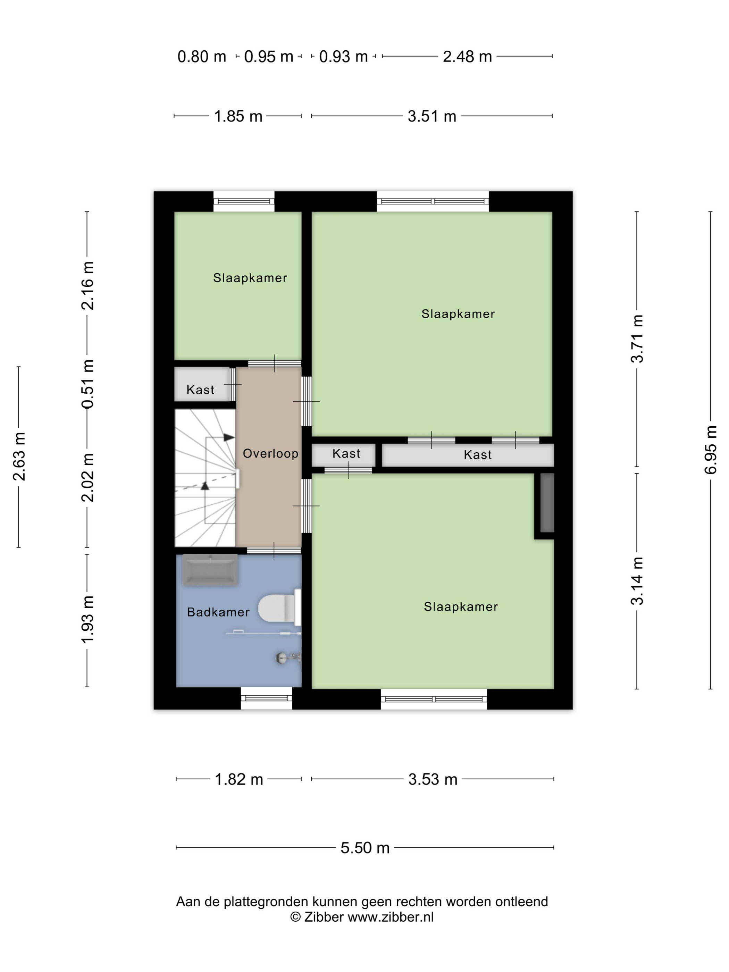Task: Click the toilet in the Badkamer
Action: (279, 607)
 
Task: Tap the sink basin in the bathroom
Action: (210, 570)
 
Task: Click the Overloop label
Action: (270, 453)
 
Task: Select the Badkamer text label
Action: (218, 612)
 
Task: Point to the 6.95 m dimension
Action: (711, 450)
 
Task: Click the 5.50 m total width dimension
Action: (365, 848)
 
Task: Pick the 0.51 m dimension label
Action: (87, 384)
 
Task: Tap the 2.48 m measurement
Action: (467, 57)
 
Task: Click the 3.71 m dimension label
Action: (637, 338)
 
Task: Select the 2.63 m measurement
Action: (19, 456)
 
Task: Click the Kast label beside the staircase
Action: (200, 390)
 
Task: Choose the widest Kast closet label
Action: (478, 454)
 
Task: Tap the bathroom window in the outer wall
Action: (266, 698)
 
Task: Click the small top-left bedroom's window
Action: (244, 202)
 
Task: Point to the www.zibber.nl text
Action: (391, 917)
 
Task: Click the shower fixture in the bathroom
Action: (288, 658)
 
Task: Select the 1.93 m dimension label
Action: (87, 620)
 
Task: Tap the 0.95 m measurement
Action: (268, 57)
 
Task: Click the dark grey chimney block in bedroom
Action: (547, 503)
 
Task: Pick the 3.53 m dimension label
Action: (433, 779)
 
